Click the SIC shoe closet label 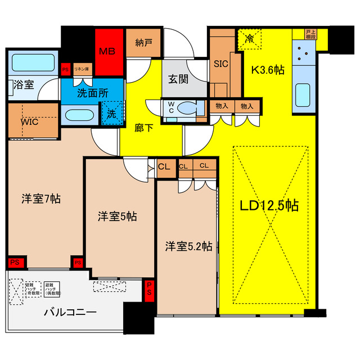[x=221, y=64]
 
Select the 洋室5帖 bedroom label [x=117, y=216]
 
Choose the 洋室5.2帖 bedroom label [x=188, y=246]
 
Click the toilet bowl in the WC [x=187, y=107]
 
